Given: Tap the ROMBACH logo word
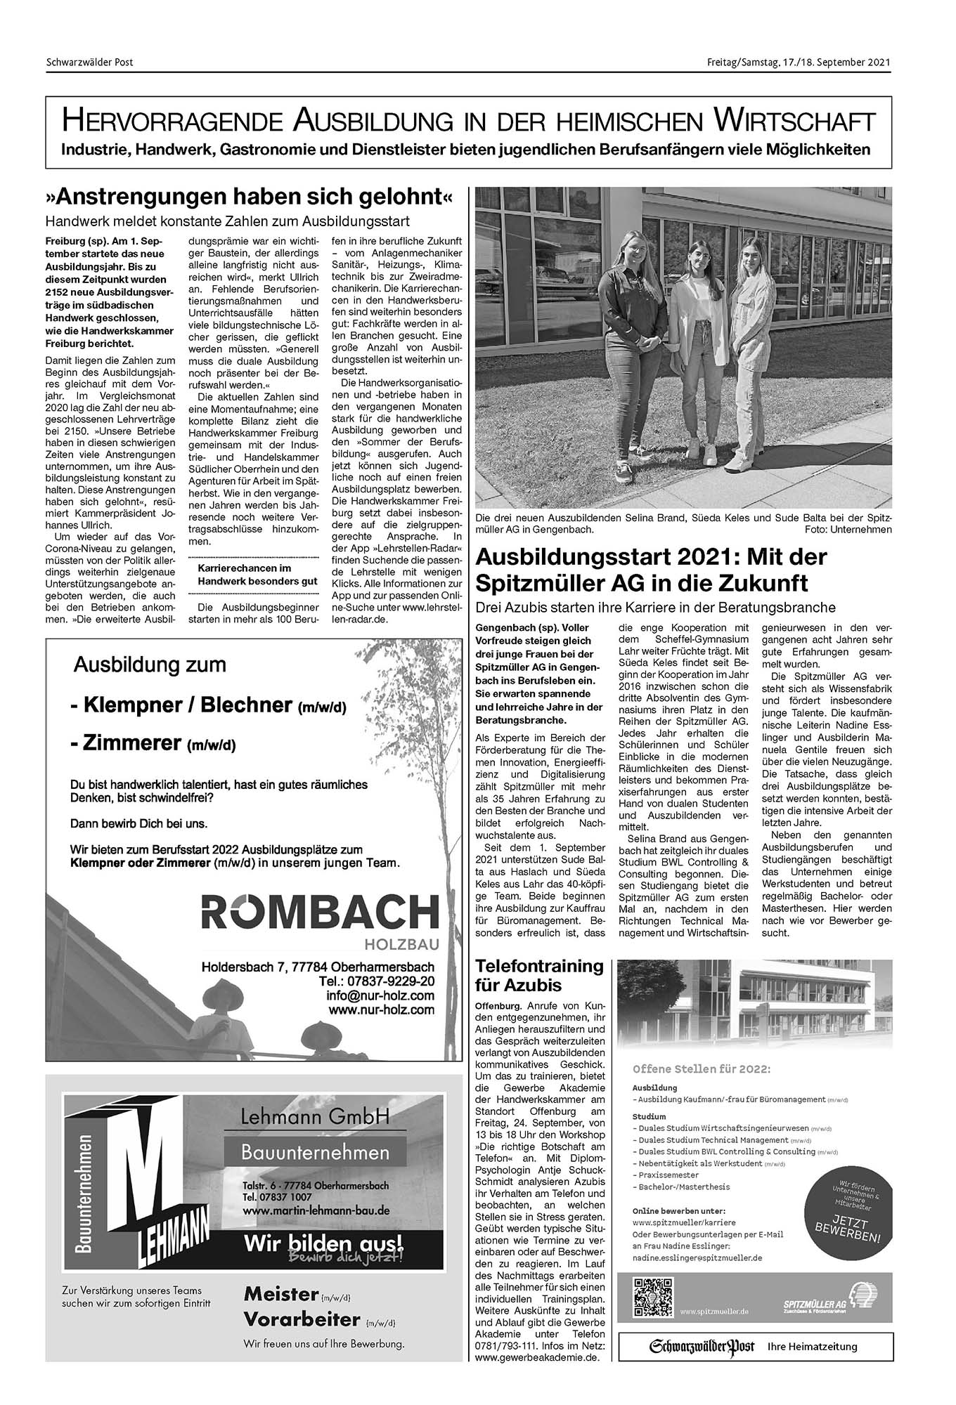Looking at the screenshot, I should pos(320,914).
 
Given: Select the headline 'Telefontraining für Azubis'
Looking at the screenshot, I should pos(539,975).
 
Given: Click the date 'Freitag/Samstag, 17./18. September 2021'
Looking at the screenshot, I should pos(799,63).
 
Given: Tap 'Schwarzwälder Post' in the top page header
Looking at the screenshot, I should pos(89,63).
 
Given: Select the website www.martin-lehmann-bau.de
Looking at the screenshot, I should pos(316,1210).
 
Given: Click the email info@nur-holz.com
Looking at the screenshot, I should pos(380,995).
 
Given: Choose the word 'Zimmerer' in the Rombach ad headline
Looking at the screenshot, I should pos(131,743).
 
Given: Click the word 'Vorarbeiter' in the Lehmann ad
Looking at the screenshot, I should pos(302,1319).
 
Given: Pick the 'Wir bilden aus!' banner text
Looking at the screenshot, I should pos(323,1243).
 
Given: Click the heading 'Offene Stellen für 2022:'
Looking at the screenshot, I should pos(702,1069).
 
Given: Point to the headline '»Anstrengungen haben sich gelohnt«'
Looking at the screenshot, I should pos(250,196).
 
